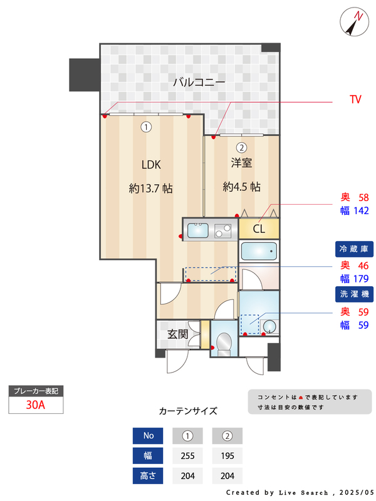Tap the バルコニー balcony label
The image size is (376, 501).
click(199, 82)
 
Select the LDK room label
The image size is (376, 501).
click(151, 165)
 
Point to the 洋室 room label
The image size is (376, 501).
click(241, 163)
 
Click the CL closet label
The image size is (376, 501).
click(259, 229)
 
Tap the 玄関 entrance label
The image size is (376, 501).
click(178, 334)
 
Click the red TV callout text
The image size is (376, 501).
click(355, 100)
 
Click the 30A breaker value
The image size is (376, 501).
click(36, 405)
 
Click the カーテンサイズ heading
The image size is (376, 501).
click(188, 411)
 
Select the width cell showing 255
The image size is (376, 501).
click(187, 456)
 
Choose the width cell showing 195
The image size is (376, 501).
click(227, 456)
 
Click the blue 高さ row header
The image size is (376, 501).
click(148, 476)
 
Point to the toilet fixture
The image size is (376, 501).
click(222, 341)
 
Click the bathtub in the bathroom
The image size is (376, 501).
click(259, 252)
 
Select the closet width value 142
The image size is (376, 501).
click(360, 211)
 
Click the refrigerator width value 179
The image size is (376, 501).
click(360, 279)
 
